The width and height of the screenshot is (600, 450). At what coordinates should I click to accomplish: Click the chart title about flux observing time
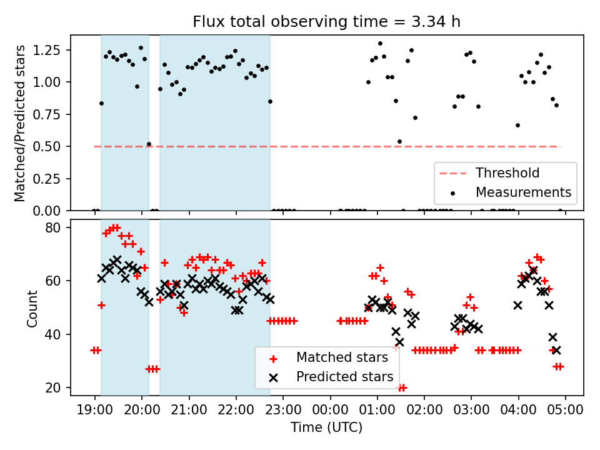click(x=327, y=22)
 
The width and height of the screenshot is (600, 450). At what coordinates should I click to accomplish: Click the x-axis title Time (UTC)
click(x=327, y=428)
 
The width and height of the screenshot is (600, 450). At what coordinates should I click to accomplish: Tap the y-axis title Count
click(x=32, y=308)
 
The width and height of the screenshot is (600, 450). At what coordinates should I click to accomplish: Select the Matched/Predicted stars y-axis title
click(x=20, y=123)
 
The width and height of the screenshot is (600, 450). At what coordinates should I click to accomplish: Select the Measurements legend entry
click(x=523, y=192)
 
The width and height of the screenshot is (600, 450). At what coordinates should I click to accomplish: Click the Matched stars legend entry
click(x=342, y=358)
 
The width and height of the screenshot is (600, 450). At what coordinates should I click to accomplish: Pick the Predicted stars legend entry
click(x=344, y=377)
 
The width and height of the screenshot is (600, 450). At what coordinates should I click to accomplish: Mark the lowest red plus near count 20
click(x=402, y=387)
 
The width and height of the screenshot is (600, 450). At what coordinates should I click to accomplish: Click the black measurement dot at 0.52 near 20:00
click(x=149, y=144)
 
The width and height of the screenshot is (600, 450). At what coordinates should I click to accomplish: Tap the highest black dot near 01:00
click(x=380, y=44)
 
